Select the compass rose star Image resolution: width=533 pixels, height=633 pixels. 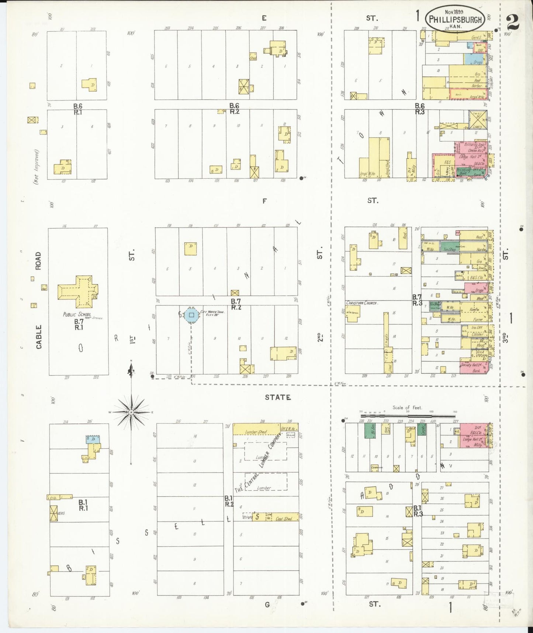coord(131,412)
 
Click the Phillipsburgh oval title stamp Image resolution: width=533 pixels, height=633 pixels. coord(455,19)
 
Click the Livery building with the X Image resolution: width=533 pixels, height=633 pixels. coord(478,120)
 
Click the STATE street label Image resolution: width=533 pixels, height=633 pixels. coord(278,397)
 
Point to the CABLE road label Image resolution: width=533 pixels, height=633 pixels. coord(39,337)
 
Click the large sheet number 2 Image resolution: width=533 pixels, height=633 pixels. coord(513,22)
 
